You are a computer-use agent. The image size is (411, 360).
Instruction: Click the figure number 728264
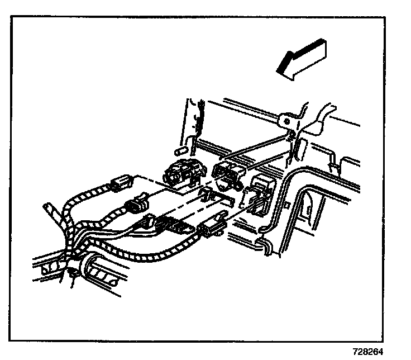368,353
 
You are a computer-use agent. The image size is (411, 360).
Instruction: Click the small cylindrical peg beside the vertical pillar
180,151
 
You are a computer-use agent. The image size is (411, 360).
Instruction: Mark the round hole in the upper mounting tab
285,121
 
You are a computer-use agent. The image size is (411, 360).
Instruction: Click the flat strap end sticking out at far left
49,211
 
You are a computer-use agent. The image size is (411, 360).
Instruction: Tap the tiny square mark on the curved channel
286,205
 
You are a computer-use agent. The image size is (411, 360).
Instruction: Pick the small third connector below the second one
149,221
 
